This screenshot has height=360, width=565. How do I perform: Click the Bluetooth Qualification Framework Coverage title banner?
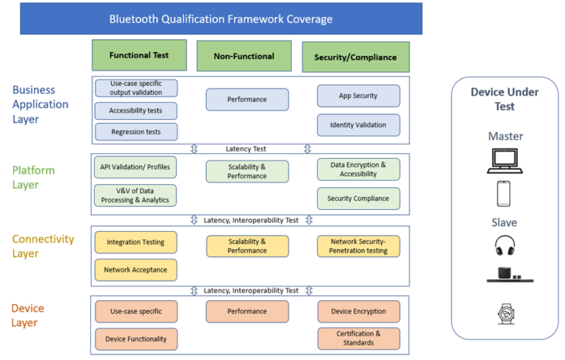(x=221, y=19)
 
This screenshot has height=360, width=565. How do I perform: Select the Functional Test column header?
(x=139, y=55)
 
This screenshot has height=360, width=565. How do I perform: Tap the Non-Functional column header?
(x=244, y=56)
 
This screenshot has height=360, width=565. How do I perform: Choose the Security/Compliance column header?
(x=355, y=57)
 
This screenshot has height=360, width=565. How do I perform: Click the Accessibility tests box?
(x=136, y=111)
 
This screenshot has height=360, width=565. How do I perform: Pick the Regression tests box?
(x=136, y=132)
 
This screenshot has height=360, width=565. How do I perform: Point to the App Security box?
(x=358, y=96)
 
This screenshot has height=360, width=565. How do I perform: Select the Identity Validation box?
(x=358, y=125)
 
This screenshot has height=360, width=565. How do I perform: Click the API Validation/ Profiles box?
(x=135, y=167)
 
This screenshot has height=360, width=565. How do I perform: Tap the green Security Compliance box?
(x=358, y=199)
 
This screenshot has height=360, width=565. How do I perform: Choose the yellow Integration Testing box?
(x=135, y=242)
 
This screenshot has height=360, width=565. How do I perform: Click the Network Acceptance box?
(x=135, y=270)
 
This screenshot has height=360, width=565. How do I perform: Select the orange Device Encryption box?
(x=358, y=311)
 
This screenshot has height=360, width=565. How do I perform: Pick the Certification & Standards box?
(x=358, y=338)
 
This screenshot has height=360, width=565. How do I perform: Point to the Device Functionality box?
(x=135, y=339)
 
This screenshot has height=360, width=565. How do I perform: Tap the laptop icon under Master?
(x=504, y=160)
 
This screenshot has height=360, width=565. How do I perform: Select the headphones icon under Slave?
(x=505, y=245)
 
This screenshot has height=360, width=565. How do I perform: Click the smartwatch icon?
(x=505, y=314)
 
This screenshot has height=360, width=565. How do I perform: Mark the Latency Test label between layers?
(x=246, y=149)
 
